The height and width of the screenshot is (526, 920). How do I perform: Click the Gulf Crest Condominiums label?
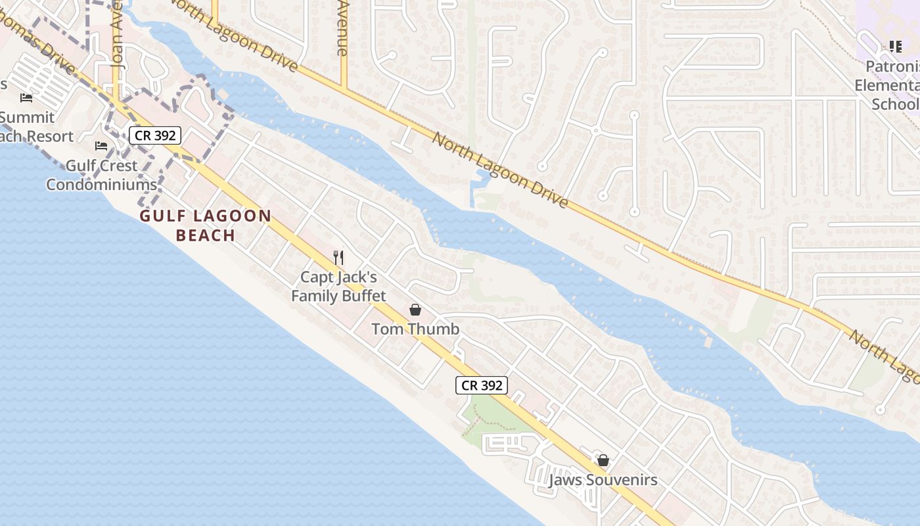click(x=101, y=175)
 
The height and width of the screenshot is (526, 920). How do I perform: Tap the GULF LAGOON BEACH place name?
click(x=206, y=226)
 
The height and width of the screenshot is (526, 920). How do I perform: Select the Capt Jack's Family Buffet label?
click(x=338, y=287)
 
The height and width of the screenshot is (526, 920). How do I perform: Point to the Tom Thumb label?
click(x=415, y=329)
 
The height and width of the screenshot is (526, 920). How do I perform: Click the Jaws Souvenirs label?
click(x=603, y=480)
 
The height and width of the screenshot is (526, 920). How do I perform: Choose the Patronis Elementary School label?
click(x=887, y=85)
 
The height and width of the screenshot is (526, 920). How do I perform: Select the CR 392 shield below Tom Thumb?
click(x=482, y=385)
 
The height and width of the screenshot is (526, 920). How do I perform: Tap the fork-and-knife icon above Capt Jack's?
click(x=338, y=257)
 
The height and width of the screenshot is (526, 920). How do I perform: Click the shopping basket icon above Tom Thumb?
click(x=415, y=309)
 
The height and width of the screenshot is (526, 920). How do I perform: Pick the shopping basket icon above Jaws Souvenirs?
click(x=603, y=460)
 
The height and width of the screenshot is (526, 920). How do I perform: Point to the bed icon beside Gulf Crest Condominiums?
click(x=101, y=145)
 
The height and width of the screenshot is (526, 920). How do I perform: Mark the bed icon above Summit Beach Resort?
click(x=26, y=98)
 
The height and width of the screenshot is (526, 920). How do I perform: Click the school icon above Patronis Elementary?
click(x=895, y=46)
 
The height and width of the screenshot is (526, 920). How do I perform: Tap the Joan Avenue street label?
click(x=118, y=39)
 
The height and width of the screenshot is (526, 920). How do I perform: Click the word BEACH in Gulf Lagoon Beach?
click(x=206, y=235)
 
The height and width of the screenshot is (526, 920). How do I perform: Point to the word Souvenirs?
click(x=621, y=480)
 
